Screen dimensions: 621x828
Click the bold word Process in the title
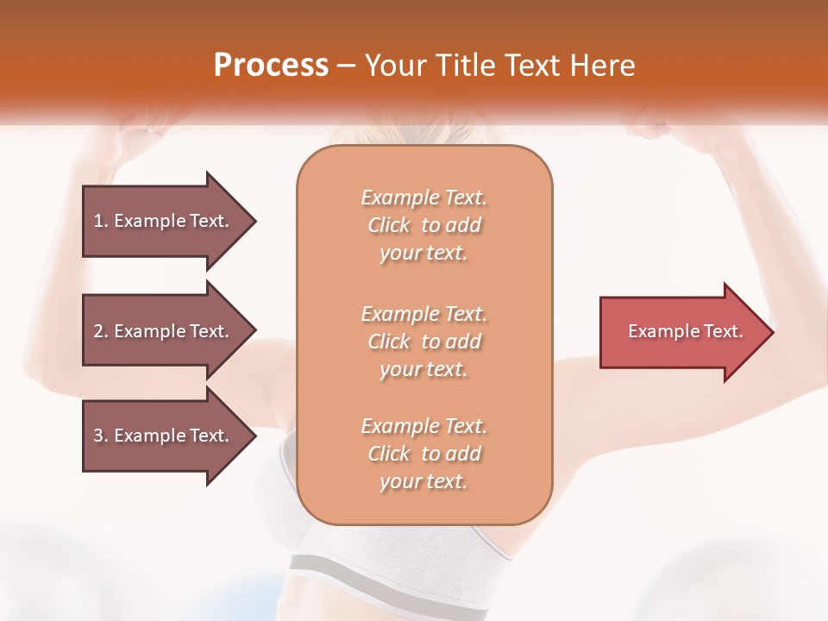click(x=271, y=66)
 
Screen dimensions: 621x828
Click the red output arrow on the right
click(x=686, y=332)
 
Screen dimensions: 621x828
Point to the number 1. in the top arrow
click(x=101, y=221)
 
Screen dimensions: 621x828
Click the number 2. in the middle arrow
click(x=101, y=331)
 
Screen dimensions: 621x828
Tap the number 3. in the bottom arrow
click(x=101, y=436)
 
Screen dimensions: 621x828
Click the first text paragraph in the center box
click(x=423, y=225)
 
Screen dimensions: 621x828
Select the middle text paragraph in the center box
click(x=423, y=342)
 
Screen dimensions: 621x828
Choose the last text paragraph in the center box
click(x=423, y=454)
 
